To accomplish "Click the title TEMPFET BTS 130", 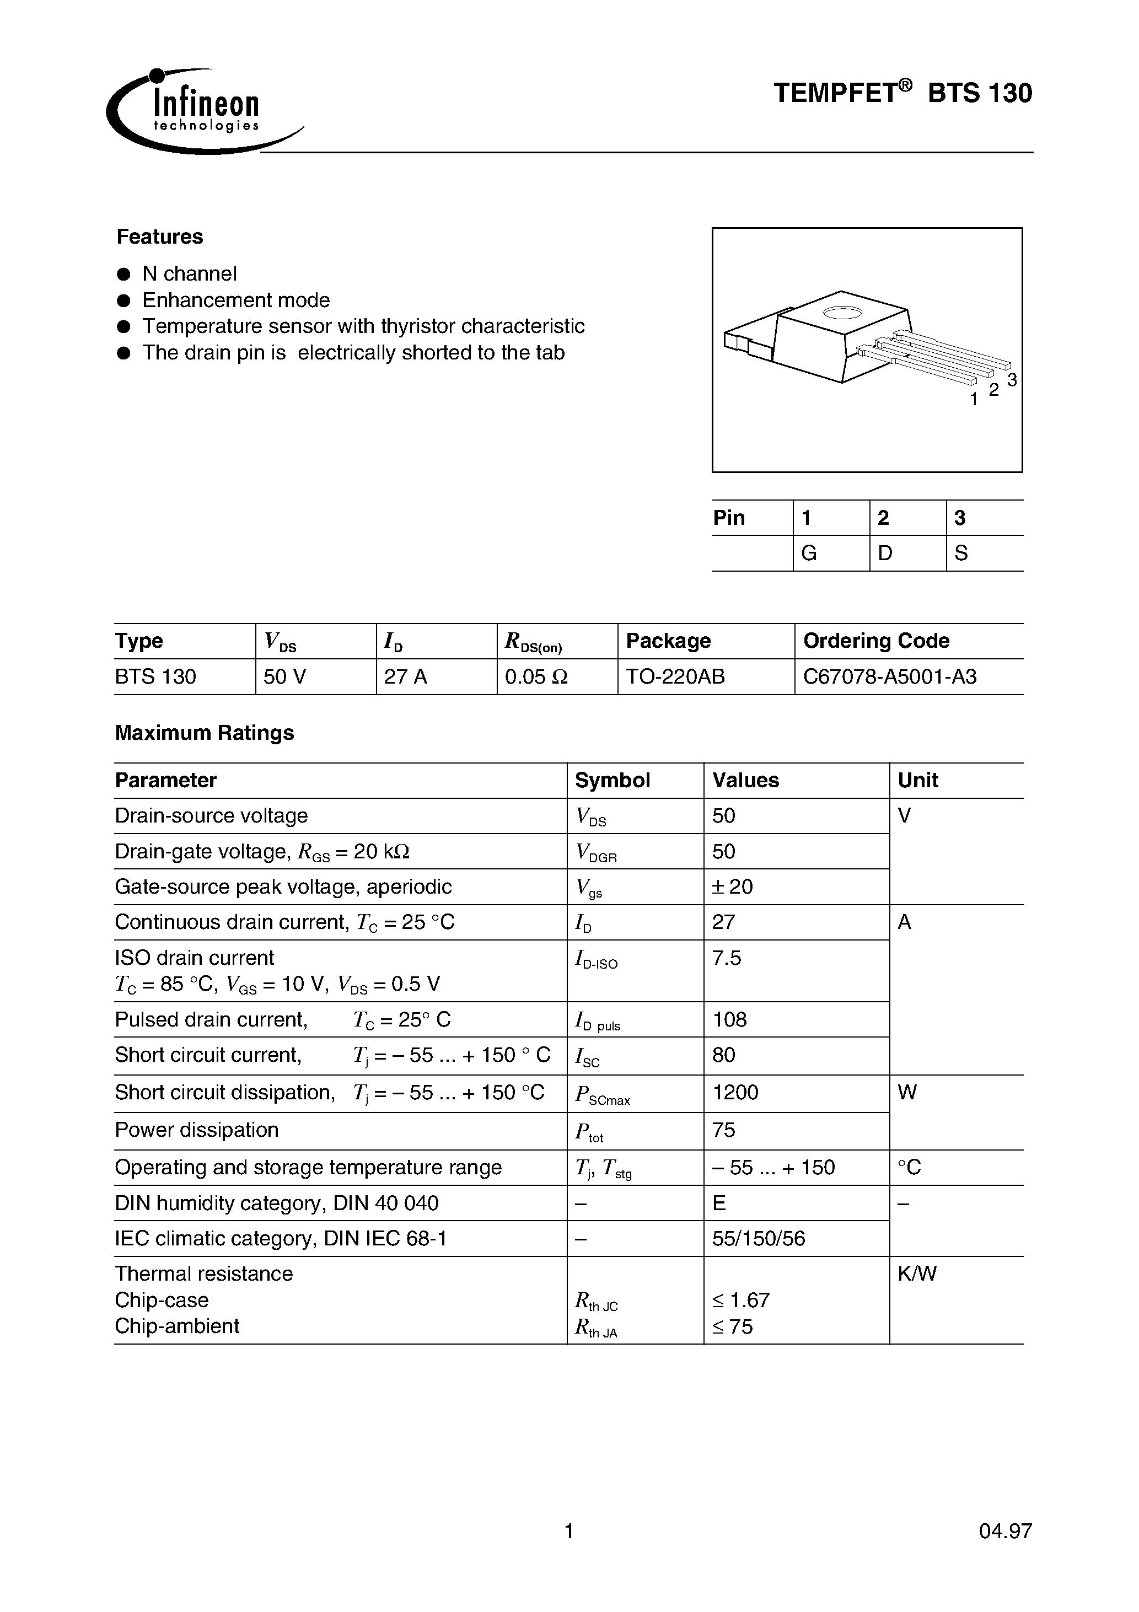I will [x=902, y=93].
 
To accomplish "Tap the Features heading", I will [x=159, y=237].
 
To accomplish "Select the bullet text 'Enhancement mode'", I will [x=236, y=300].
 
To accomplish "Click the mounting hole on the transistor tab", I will [x=841, y=313].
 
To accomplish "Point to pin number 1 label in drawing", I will [x=973, y=400].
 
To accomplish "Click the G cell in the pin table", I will [x=809, y=554].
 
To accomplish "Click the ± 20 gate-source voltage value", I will [x=732, y=886].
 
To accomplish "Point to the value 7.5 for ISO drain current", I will [x=726, y=958].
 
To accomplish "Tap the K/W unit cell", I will [x=916, y=1274].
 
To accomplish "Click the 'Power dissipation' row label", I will [x=197, y=1130].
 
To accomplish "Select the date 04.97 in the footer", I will [x=1005, y=1530].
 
